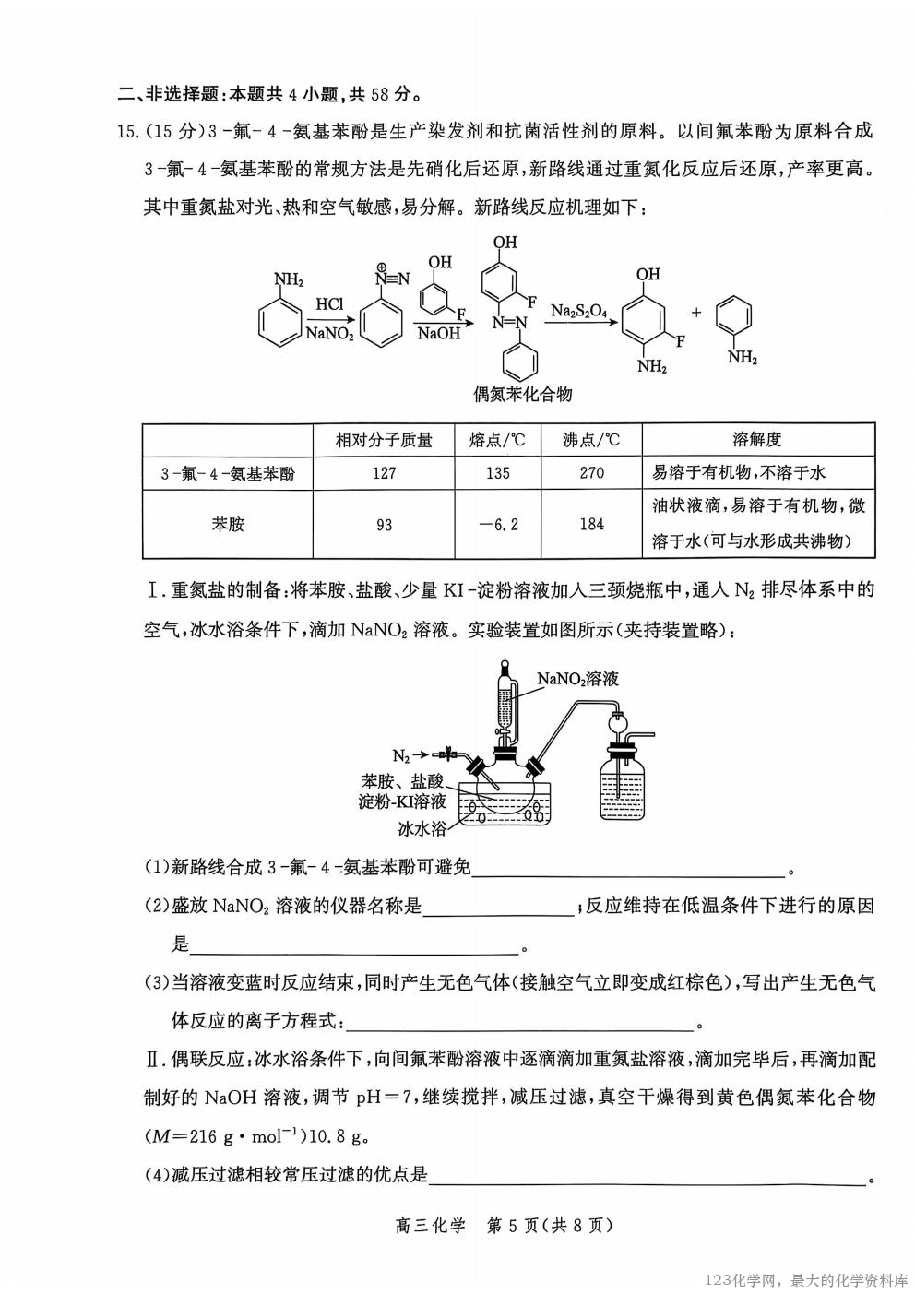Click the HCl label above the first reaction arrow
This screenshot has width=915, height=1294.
[x=329, y=303]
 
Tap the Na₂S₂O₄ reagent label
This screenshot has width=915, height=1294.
[x=578, y=311]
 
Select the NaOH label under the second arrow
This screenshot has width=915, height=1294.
[x=438, y=334]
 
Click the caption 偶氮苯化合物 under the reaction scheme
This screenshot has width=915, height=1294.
[x=522, y=395]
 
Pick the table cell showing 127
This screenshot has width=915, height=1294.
[x=384, y=473]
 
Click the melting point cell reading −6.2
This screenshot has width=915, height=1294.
[x=499, y=524]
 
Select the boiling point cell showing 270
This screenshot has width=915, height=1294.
[x=591, y=473]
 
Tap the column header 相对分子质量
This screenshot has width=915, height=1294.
[x=384, y=440]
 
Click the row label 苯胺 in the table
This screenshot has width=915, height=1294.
[x=228, y=524]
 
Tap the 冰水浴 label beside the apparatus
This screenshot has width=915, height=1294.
[x=422, y=828]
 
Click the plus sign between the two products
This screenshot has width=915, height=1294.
[x=696, y=313]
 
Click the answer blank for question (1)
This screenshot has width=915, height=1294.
[x=627, y=868]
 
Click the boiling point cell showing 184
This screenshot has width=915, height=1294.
[x=591, y=524]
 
